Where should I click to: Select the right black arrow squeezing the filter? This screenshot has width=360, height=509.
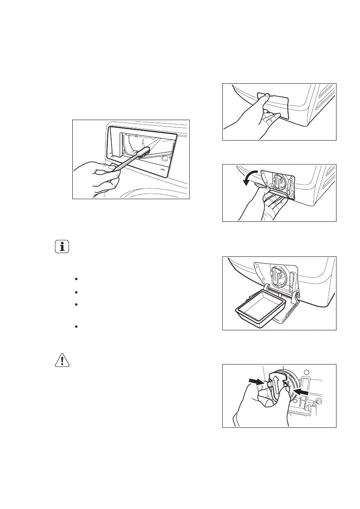tap(300, 390)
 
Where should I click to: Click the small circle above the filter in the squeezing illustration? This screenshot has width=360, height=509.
tap(305, 371)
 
